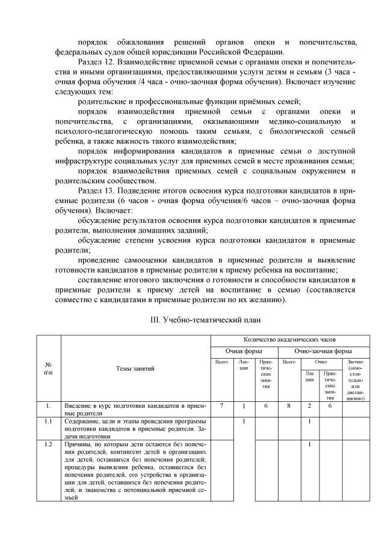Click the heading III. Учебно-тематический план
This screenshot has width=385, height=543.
click(x=192, y=320)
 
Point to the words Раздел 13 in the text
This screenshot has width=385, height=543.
click(x=96, y=190)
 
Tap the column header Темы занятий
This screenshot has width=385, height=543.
click(x=135, y=368)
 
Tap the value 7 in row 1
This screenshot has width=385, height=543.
click(x=221, y=406)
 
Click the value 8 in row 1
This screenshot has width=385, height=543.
click(x=288, y=406)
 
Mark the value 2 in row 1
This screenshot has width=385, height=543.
click(x=309, y=406)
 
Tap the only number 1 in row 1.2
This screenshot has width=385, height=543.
click(x=309, y=444)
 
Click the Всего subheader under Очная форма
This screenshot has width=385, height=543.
click(x=221, y=362)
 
